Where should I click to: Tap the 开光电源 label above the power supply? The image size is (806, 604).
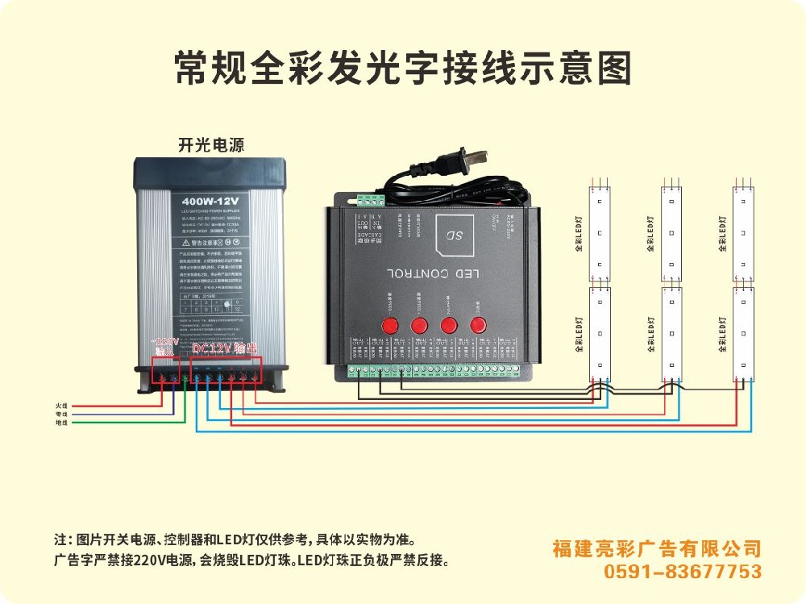click(x=210, y=145)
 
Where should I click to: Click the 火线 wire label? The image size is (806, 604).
click(x=61, y=406)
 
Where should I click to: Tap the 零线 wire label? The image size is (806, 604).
click(x=61, y=414)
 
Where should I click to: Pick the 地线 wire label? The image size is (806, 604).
click(x=61, y=423)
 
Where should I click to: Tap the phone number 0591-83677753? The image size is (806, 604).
click(x=683, y=572)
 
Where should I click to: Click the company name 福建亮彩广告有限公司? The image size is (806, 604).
click(x=657, y=549)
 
